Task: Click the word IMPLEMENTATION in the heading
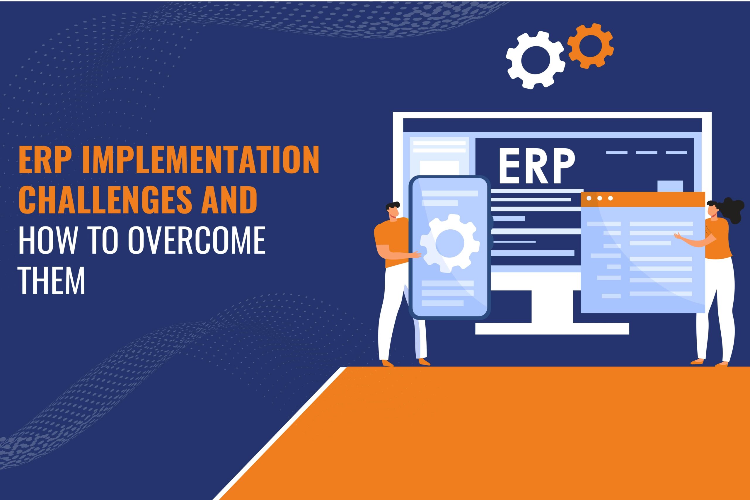pos(201,159)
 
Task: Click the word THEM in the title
pos(52,280)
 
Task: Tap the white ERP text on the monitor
pos(537,166)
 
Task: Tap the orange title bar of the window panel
pos(642,199)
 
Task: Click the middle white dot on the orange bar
pos(599,198)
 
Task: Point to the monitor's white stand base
pos(552,328)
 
